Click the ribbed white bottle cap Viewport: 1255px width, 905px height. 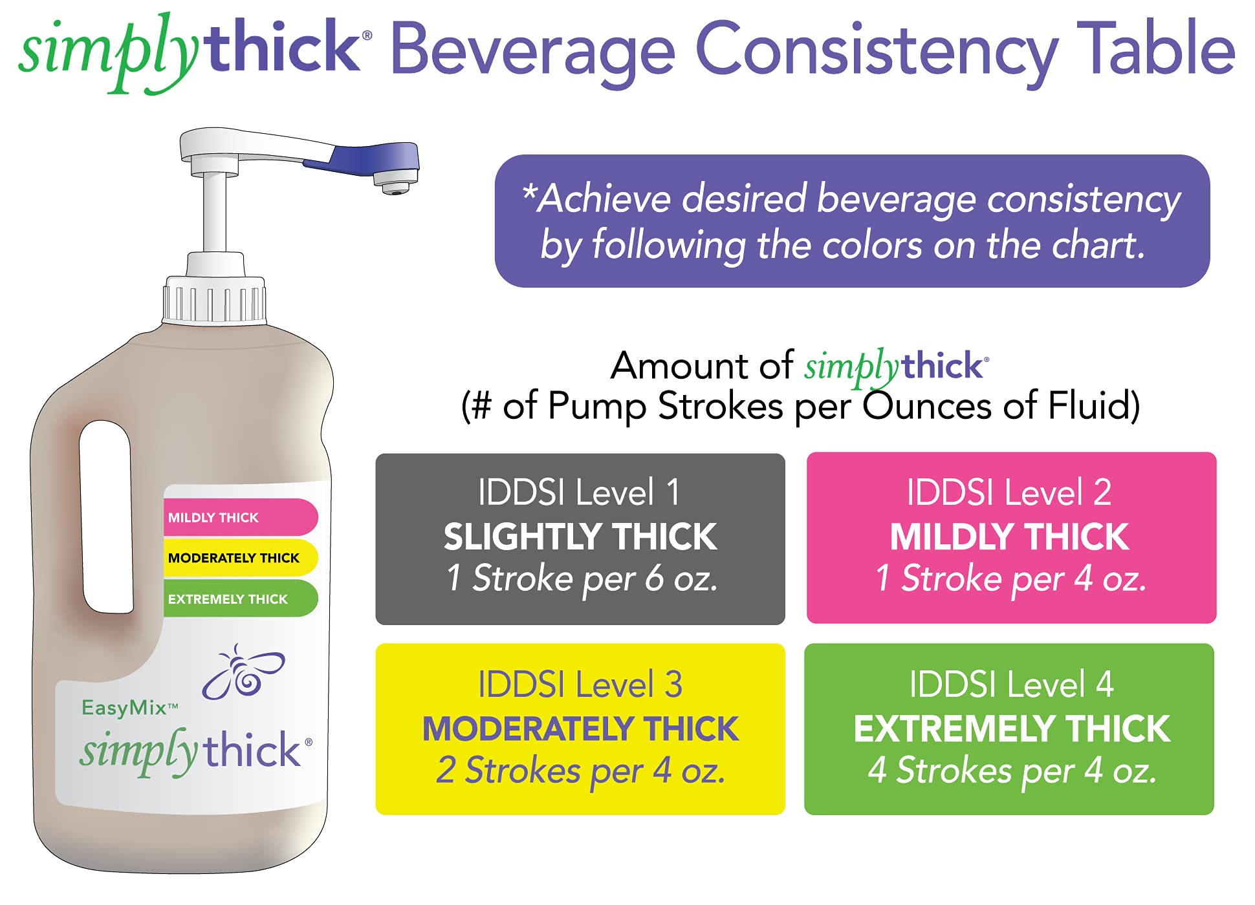click(214, 299)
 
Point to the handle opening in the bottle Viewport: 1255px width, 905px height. click(106, 516)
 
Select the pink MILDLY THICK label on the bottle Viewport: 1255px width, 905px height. click(240, 517)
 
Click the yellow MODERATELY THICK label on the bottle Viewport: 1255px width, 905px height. click(240, 558)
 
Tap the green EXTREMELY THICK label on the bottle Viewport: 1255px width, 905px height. click(240, 599)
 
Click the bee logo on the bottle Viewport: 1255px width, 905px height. click(243, 672)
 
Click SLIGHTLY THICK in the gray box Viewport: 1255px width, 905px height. click(580, 537)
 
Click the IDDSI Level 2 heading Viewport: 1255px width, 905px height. click(1009, 493)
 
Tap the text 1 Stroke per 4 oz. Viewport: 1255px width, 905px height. click(1011, 578)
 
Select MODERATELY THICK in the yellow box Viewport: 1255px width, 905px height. click(580, 729)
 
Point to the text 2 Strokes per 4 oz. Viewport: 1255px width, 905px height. click(580, 771)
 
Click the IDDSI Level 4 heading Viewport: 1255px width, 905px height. click(1011, 685)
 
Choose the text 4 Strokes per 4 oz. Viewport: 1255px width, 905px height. click(1012, 771)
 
